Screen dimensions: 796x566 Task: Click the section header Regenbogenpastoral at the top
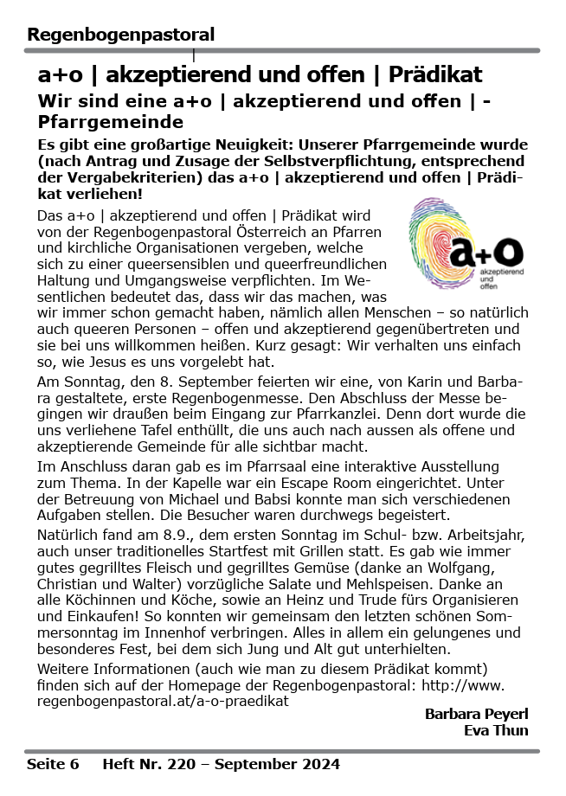click(120, 35)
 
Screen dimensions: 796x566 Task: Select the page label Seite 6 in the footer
click(53, 764)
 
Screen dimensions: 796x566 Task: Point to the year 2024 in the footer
click(320, 764)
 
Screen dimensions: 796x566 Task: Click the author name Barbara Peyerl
click(476, 714)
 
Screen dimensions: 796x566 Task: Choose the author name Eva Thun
click(497, 730)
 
